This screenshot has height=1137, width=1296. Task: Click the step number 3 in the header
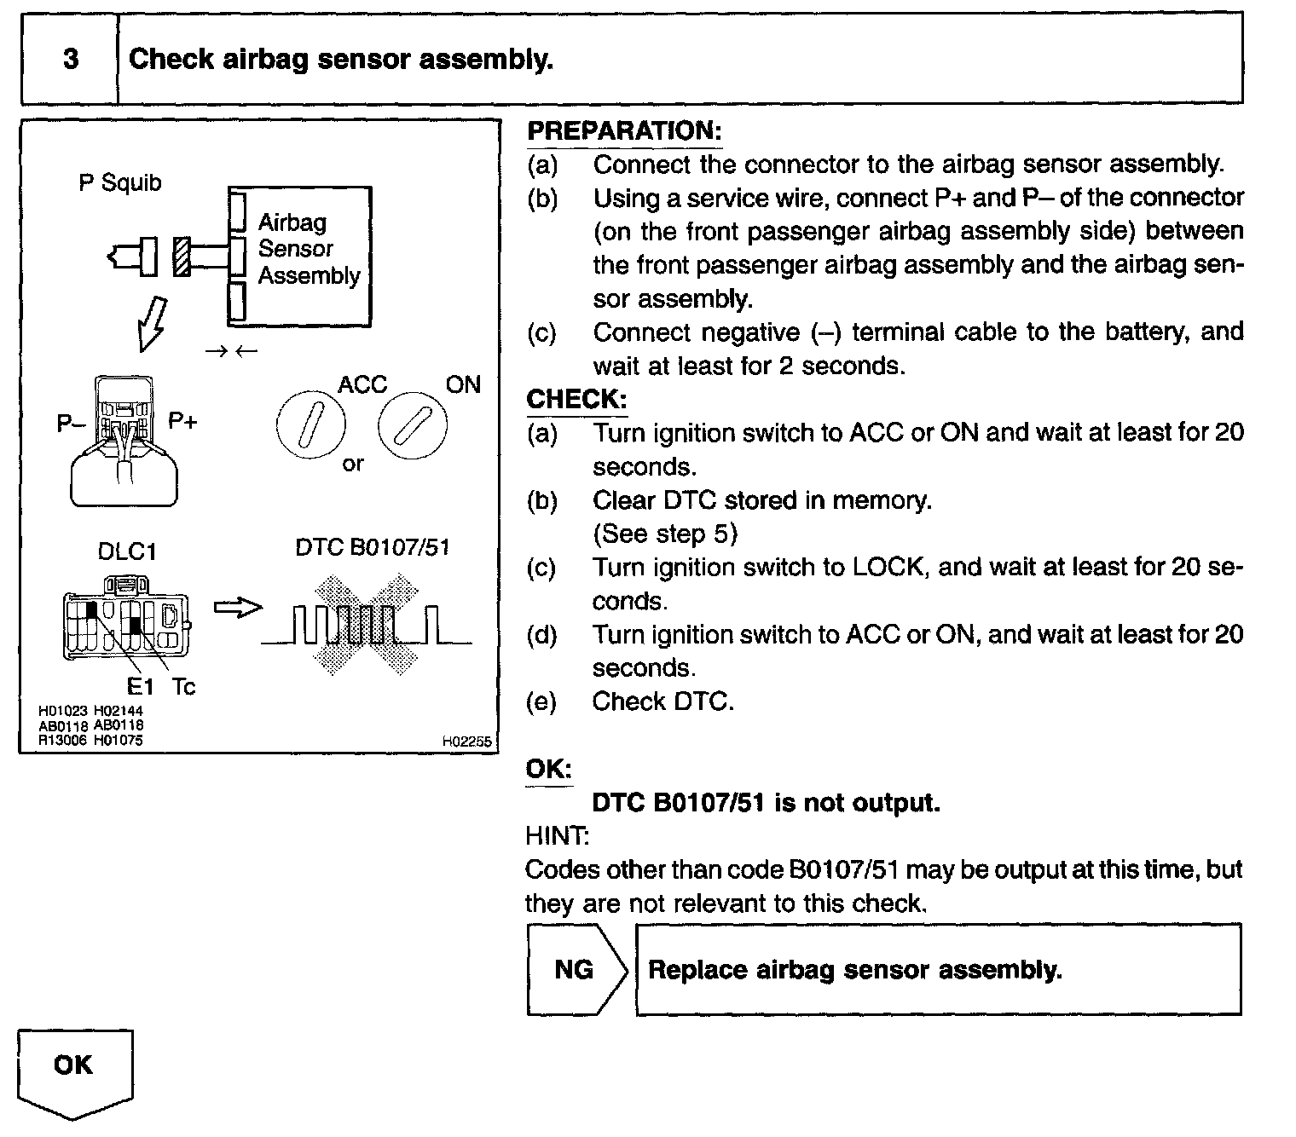click(71, 59)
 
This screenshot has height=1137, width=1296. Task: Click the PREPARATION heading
click(624, 131)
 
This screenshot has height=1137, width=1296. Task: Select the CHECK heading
click(576, 399)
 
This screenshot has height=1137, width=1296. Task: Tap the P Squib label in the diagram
click(119, 182)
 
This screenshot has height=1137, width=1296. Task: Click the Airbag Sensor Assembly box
click(299, 256)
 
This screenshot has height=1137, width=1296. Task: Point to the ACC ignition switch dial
click(311, 426)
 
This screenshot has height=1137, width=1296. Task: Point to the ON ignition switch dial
click(413, 426)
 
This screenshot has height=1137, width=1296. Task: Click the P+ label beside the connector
click(182, 420)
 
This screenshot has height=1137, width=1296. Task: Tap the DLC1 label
click(127, 551)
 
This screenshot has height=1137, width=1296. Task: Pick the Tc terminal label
click(183, 686)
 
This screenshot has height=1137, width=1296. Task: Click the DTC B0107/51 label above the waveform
click(372, 547)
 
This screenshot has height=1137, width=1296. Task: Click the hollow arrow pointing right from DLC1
click(237, 608)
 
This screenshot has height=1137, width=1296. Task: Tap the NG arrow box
click(575, 969)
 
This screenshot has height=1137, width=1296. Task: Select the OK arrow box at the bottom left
click(74, 1071)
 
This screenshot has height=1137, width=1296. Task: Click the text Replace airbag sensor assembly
click(855, 970)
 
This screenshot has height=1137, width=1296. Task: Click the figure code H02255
click(466, 742)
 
